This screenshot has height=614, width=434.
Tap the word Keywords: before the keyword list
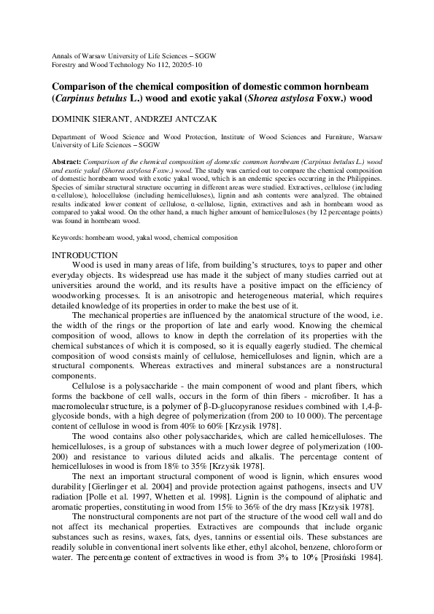(x=68, y=238)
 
